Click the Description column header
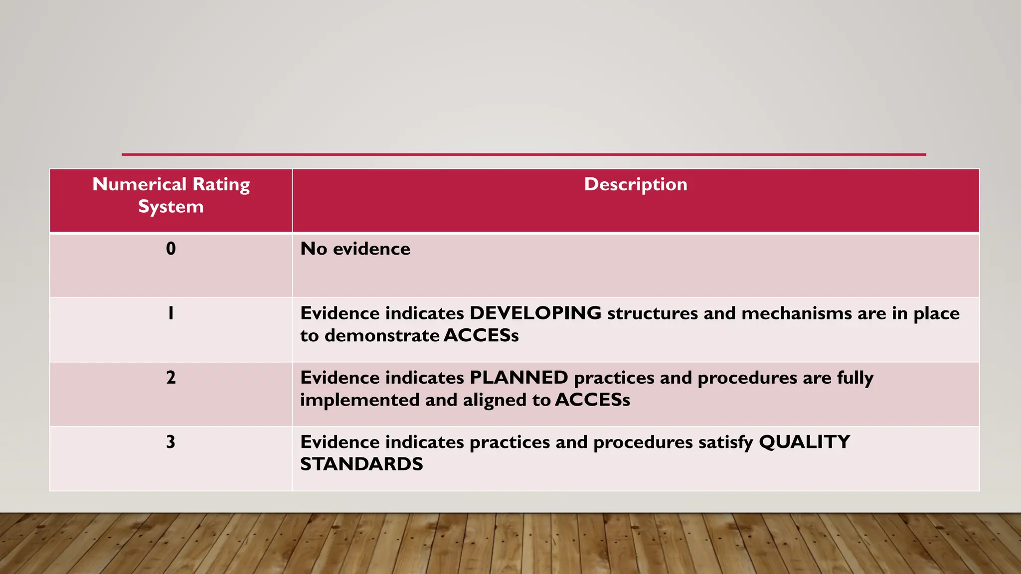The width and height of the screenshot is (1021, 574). coord(635,184)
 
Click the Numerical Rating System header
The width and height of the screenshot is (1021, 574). coord(170,195)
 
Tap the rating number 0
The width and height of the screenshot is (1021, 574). coord(170,249)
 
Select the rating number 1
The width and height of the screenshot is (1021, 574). coord(170,313)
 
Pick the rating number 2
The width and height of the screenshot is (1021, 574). coord(170,377)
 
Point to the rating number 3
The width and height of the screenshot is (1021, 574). coord(170,441)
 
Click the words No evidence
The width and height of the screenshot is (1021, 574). coord(355,249)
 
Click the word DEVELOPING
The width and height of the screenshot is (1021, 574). coord(535,313)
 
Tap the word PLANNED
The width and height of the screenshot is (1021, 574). coord(518,377)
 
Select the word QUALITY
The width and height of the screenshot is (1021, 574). coord(804,441)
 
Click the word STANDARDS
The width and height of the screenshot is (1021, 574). coord(361,464)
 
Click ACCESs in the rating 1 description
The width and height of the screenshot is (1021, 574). coord(481,335)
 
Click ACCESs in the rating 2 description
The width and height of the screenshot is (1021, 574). coord(592,400)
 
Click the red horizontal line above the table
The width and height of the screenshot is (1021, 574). coord(523,154)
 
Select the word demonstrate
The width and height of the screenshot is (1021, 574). coord(381,335)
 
